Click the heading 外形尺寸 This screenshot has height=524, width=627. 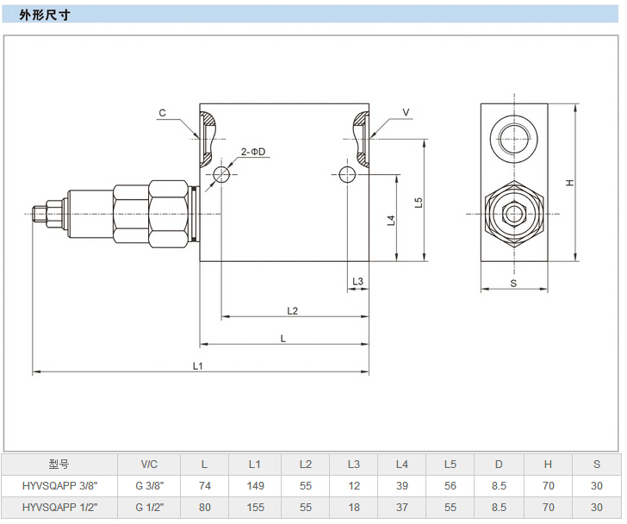(45, 15)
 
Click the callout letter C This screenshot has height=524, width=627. (162, 113)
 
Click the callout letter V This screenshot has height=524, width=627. (406, 113)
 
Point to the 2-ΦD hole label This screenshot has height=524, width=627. (253, 152)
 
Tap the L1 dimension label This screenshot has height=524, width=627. (197, 365)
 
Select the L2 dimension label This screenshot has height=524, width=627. (292, 310)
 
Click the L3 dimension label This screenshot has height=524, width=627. (358, 281)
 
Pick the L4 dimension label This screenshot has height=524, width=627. (391, 220)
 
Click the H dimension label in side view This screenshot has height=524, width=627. (569, 183)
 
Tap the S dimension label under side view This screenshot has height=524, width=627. (513, 283)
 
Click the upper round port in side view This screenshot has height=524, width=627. (513, 135)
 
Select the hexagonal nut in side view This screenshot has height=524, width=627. (513, 213)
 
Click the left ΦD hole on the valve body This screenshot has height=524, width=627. (221, 175)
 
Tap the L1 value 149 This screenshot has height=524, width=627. (255, 486)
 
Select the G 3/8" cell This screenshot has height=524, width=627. (151, 486)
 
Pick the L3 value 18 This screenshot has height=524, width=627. (354, 508)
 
